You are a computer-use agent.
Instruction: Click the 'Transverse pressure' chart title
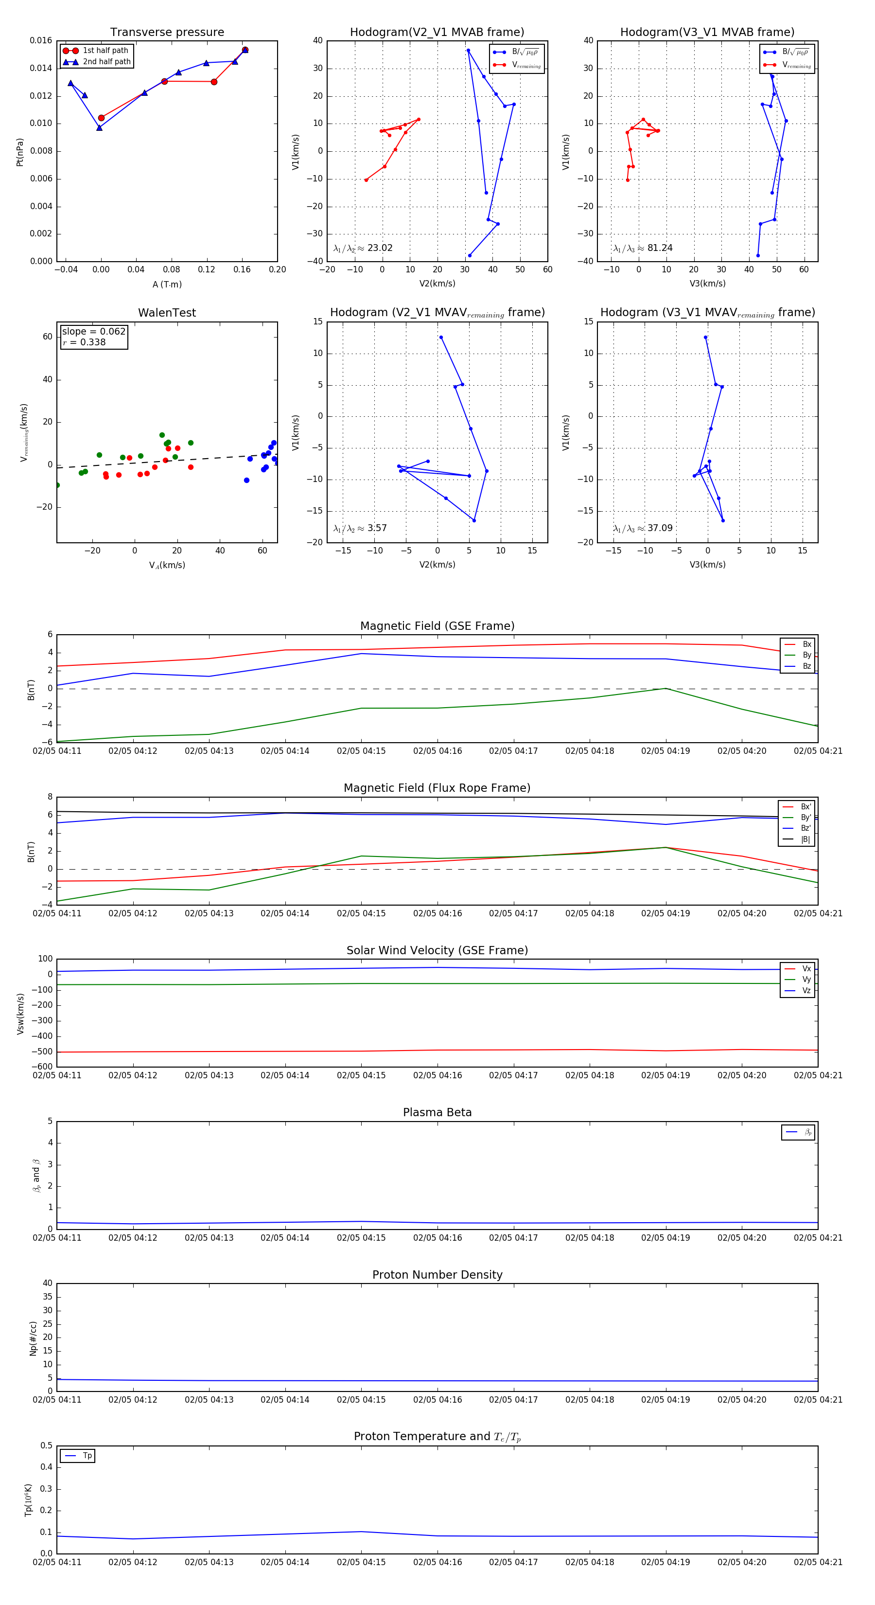[167, 33]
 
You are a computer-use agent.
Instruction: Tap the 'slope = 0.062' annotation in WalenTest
[93, 332]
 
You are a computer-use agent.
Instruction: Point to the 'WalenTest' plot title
[167, 313]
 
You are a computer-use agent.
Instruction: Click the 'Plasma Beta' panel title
[437, 1112]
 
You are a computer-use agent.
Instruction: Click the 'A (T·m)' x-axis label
[167, 284]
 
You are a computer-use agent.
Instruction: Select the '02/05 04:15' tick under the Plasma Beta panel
[361, 1237]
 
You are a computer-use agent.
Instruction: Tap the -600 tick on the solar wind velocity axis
[42, 1067]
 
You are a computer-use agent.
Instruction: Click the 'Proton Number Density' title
[437, 1275]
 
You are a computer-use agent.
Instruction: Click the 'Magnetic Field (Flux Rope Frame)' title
[437, 788]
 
